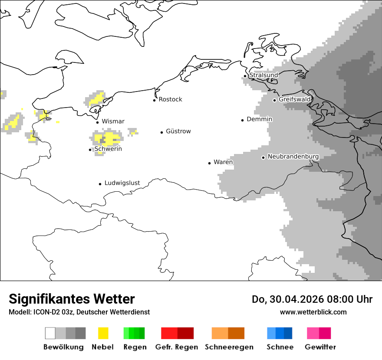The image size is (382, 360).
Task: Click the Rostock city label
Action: [170, 99]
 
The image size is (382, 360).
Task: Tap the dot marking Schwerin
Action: [90, 150]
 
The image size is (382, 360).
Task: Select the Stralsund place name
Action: [263, 75]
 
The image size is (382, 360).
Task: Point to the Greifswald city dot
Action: [274, 100]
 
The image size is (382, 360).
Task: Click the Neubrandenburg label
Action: [293, 157]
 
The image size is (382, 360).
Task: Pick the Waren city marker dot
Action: [209, 163]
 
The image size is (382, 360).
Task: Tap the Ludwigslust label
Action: [122, 183]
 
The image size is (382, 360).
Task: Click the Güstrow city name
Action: [178, 131]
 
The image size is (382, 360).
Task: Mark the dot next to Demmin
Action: [243, 120]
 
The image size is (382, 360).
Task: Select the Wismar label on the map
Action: [113, 121]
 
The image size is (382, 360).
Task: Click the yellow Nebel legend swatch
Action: [103, 333]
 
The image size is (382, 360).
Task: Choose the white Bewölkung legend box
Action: [50, 333]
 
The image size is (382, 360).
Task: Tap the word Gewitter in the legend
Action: [320, 347]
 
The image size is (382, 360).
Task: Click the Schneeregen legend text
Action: [229, 347]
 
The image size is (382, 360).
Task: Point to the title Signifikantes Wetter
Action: [72, 299]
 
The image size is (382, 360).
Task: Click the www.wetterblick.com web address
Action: [313, 312]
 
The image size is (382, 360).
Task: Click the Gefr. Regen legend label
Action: [177, 347]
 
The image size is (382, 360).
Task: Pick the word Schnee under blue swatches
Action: [280, 347]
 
